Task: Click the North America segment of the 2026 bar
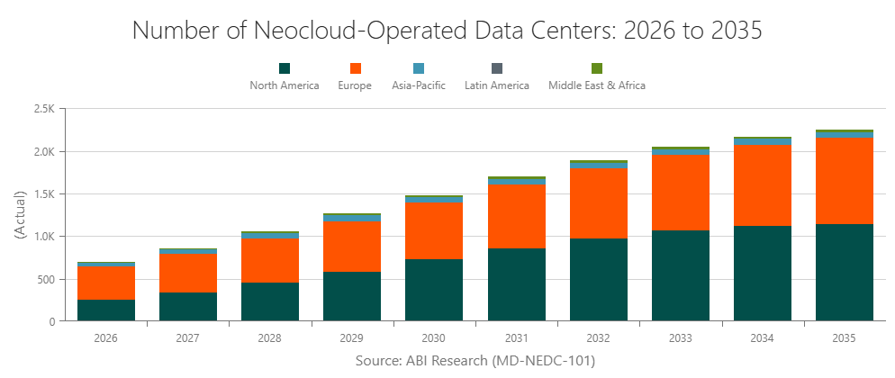coord(106,310)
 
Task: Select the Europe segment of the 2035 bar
coord(844,180)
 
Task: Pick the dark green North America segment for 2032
coord(598,279)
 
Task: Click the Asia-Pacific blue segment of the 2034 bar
coord(762,141)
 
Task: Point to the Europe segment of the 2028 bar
coord(270,260)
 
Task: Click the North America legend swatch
coord(285,68)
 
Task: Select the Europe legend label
coord(355,85)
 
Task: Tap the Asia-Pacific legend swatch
coord(418,68)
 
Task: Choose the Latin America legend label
coord(496,85)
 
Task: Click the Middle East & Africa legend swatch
coord(597,68)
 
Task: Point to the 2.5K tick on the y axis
coord(43,109)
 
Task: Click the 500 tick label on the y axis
coord(46,279)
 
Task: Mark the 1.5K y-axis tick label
coord(43,194)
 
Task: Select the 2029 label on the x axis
coord(352,338)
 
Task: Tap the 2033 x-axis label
coord(680,338)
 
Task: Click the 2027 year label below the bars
coord(188,338)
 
